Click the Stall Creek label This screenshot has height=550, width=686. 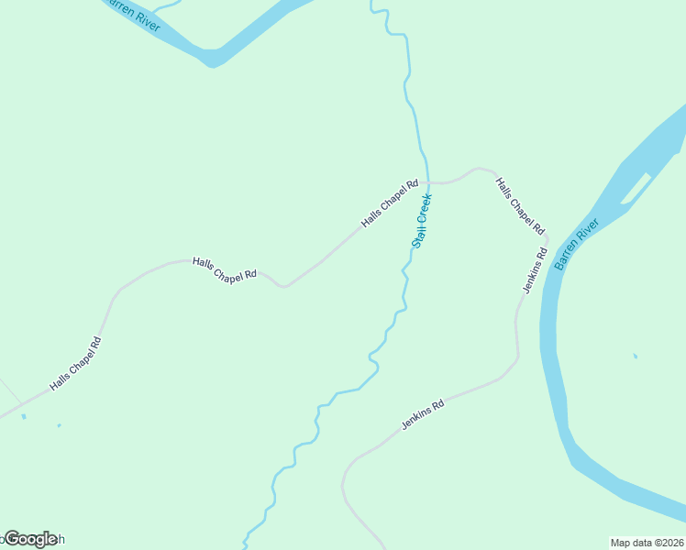pos(422,221)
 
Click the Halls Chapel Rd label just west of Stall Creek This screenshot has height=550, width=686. pos(390,203)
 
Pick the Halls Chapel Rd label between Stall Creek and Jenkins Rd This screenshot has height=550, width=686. pos(520,206)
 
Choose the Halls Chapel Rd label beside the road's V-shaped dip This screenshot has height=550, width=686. pos(225,269)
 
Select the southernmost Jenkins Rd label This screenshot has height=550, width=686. pos(423,415)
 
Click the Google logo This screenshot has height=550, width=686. pos(30,539)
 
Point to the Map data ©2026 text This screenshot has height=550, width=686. pos(647,542)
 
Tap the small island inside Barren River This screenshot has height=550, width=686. pos(636,189)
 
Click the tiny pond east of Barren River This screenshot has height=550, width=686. pos(635,356)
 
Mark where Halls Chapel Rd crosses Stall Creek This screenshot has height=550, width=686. pos(428,182)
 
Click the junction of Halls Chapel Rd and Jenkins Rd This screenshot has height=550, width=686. pos(548,241)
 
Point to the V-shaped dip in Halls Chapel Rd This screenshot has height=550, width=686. pos(284,286)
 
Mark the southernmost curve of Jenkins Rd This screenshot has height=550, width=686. pos(345,481)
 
